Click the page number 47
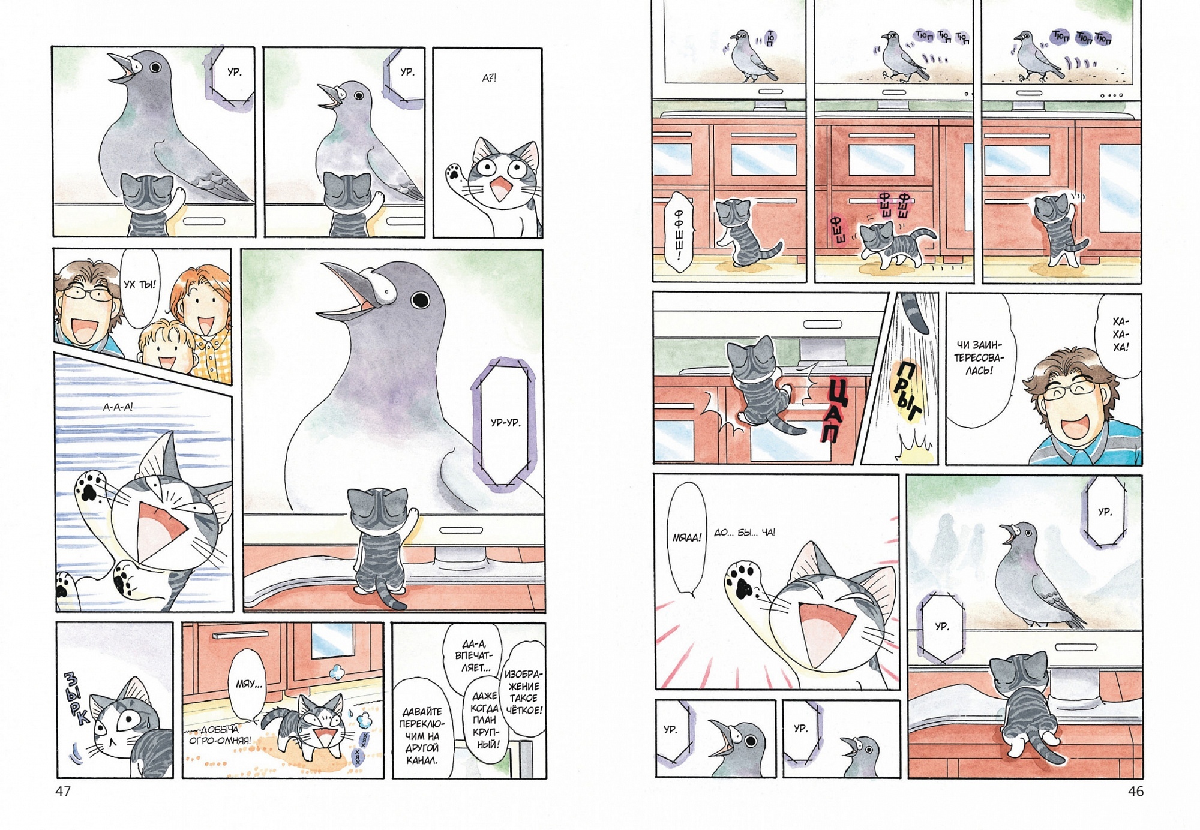(63, 792)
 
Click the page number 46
(1135, 792)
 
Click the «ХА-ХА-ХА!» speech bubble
(1120, 336)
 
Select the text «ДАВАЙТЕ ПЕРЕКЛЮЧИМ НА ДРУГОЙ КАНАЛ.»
(422, 735)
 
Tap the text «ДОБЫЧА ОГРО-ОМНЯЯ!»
(220, 735)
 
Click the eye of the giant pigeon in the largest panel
(421, 299)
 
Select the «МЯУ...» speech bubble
(249, 684)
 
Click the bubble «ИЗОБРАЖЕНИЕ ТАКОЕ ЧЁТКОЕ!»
(524, 692)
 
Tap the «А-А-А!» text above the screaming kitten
(118, 407)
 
